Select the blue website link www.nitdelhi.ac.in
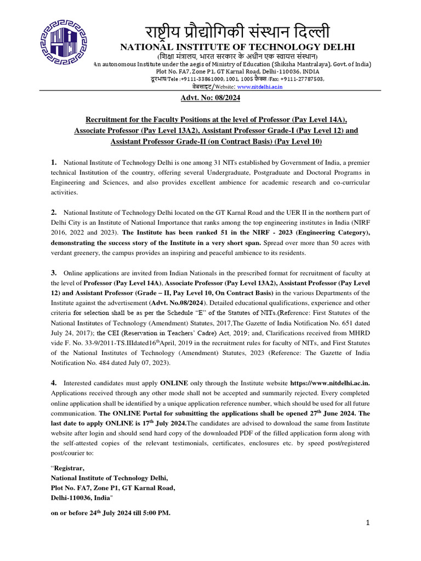(x=259, y=87)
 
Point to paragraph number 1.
(x=54, y=163)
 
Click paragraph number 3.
(x=54, y=272)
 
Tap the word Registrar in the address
(x=69, y=468)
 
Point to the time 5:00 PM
(x=156, y=513)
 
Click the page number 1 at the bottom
(x=369, y=523)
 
